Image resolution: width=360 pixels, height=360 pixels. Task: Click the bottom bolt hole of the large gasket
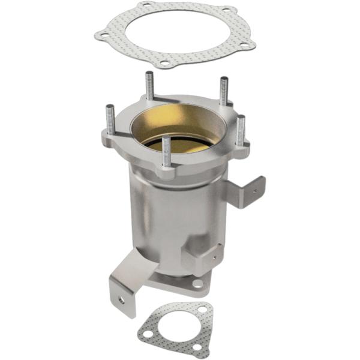tap(163, 62)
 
